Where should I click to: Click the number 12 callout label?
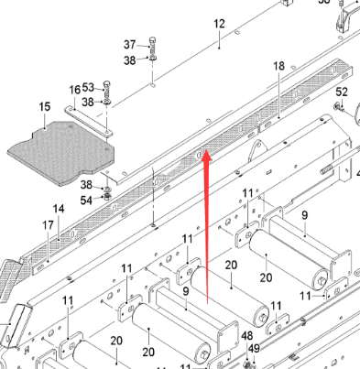pyautogui.click(x=219, y=23)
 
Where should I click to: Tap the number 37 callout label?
pyautogui.click(x=129, y=44)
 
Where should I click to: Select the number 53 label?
pyautogui.click(x=88, y=87)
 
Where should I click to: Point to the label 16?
pyautogui.click(x=74, y=90)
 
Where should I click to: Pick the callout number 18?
pyautogui.click(x=278, y=66)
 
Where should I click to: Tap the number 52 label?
pyautogui.click(x=342, y=92)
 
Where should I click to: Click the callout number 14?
pyautogui.click(x=58, y=210)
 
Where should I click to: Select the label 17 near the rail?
pyautogui.click(x=48, y=225)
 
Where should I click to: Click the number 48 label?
pyautogui.click(x=247, y=336)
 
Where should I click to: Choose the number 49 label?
pyautogui.click(x=253, y=349)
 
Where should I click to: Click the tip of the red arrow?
pyautogui.click(x=206, y=154)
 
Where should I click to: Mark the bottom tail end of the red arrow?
pyautogui.click(x=210, y=303)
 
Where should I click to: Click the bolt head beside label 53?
pyautogui.click(x=108, y=88)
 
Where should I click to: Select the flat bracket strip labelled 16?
pyautogui.click(x=89, y=122)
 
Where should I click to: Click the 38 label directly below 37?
pyautogui.click(x=129, y=60)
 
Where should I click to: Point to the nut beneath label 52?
pyautogui.click(x=338, y=107)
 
